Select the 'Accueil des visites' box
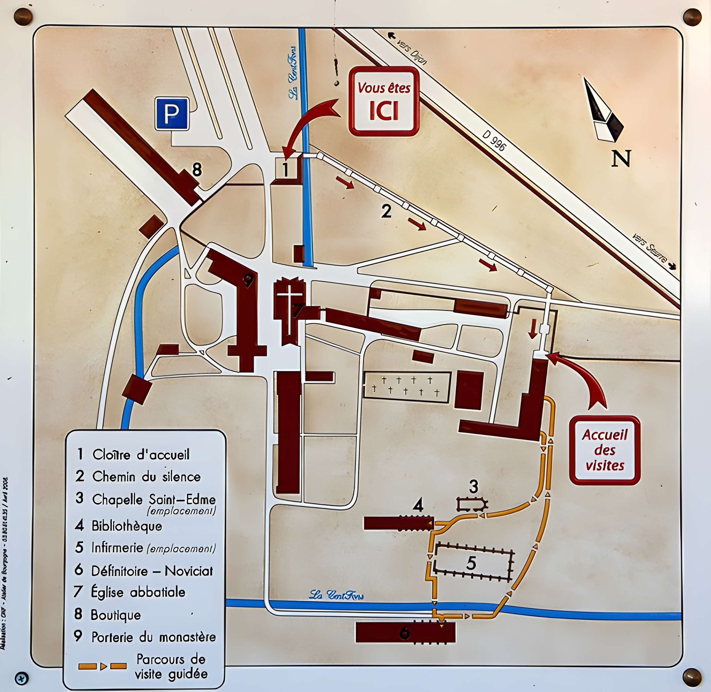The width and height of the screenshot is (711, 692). coord(605,450)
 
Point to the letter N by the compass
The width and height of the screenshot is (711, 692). coord(621,159)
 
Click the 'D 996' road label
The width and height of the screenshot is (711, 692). coord(494,141)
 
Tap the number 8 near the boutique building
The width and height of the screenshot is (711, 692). coord(197,169)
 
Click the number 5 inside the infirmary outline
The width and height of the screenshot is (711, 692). coord(471,563)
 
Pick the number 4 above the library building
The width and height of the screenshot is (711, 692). coord(418,505)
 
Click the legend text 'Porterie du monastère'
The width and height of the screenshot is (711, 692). coord(154,637)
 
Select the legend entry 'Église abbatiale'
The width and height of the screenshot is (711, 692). coord(138,592)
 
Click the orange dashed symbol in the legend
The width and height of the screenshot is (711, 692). coord(102,666)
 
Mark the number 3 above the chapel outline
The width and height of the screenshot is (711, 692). coord(474,487)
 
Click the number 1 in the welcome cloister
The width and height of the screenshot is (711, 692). coord(285,169)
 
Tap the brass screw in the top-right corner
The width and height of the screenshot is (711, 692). coord(693,17)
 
